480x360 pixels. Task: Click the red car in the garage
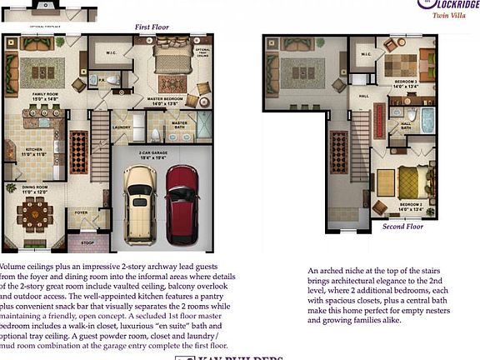(182, 204)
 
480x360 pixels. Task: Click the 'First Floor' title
(152, 27)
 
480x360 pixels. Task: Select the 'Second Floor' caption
(403, 227)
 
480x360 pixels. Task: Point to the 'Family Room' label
(46, 97)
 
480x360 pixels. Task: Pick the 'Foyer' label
(82, 212)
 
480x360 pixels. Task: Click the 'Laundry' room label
(120, 127)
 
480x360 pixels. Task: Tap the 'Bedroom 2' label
(410, 206)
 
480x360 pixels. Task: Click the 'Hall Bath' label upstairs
(406, 126)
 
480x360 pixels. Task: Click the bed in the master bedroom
(172, 60)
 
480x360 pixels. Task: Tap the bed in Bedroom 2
(410, 182)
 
